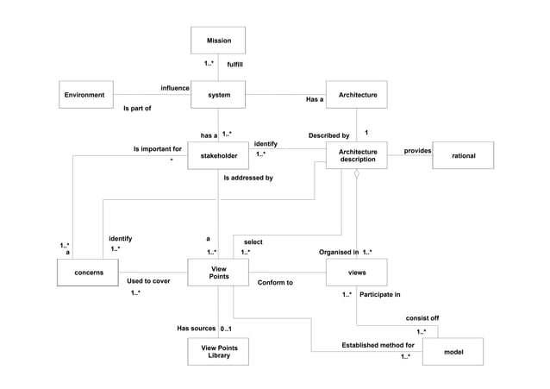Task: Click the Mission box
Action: tap(218, 41)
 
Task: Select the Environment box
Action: tap(86, 94)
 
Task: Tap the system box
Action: tap(218, 94)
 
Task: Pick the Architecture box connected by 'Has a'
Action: tap(357, 94)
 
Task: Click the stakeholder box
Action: tap(218, 155)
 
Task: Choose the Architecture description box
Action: tap(357, 155)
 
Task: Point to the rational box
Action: tap(463, 155)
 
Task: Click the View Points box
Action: tap(218, 273)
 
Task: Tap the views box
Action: tap(357, 273)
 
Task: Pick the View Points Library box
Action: tap(218, 352)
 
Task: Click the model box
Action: tap(453, 352)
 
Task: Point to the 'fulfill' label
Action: tap(234, 64)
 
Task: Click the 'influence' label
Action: tap(175, 88)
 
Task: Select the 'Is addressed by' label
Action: tap(248, 178)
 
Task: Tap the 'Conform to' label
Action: tap(275, 282)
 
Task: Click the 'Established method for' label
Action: tap(378, 345)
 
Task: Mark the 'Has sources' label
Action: tap(196, 329)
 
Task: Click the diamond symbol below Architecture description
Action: tap(356, 174)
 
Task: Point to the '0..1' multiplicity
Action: tap(227, 329)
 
